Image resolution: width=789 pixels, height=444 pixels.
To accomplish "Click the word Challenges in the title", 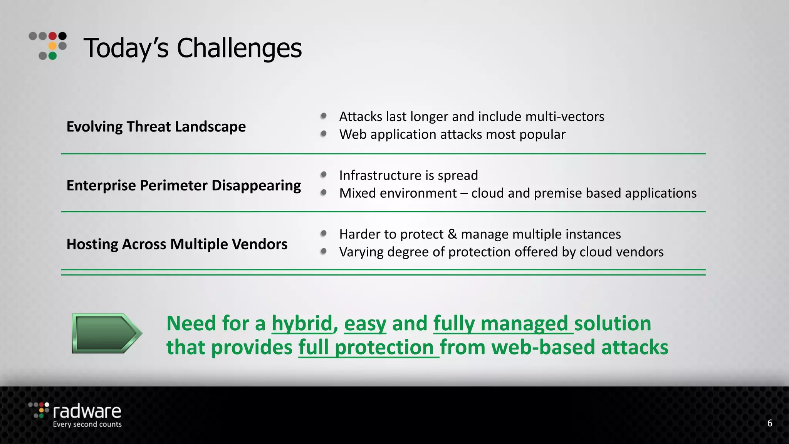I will [239, 48].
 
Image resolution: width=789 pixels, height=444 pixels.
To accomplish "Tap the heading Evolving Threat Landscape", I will [156, 126].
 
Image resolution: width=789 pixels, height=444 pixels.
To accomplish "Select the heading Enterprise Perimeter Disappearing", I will [183, 185].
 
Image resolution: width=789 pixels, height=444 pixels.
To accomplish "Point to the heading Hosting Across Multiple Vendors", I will [177, 244].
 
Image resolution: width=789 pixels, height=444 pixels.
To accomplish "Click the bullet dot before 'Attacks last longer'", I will [324, 116].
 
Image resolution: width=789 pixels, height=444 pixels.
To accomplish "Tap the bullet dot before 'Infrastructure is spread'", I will [324, 175].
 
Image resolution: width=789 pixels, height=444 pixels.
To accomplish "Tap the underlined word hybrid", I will [302, 323].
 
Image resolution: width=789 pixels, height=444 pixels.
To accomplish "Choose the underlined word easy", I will [365, 323].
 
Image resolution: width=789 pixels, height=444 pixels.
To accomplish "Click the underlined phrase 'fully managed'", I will [501, 323].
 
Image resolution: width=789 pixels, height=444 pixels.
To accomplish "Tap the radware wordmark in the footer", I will [87, 412].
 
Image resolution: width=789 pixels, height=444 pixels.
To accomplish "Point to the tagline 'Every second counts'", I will [87, 424].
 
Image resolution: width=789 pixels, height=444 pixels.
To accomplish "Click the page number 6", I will [769, 423].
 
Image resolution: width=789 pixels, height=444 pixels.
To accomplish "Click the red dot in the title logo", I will [52, 36].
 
